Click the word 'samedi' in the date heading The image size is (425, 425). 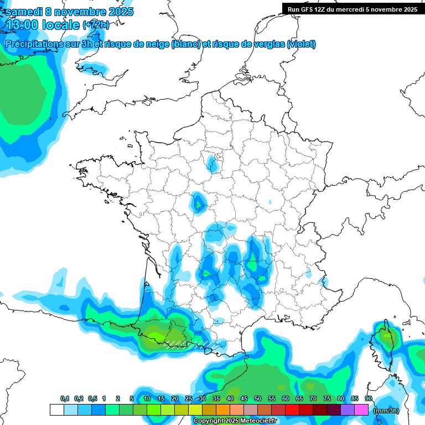[25, 12]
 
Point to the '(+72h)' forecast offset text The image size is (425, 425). [96, 25]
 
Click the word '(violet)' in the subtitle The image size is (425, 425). [301, 44]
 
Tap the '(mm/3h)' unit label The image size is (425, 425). [386, 411]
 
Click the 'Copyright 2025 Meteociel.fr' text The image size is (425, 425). [235, 421]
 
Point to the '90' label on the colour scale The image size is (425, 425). [369, 398]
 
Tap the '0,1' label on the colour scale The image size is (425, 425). [65, 398]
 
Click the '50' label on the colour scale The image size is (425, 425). [258, 398]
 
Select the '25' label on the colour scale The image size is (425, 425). [189, 398]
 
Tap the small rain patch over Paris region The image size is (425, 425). [212, 163]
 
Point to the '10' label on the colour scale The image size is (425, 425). [147, 398]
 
